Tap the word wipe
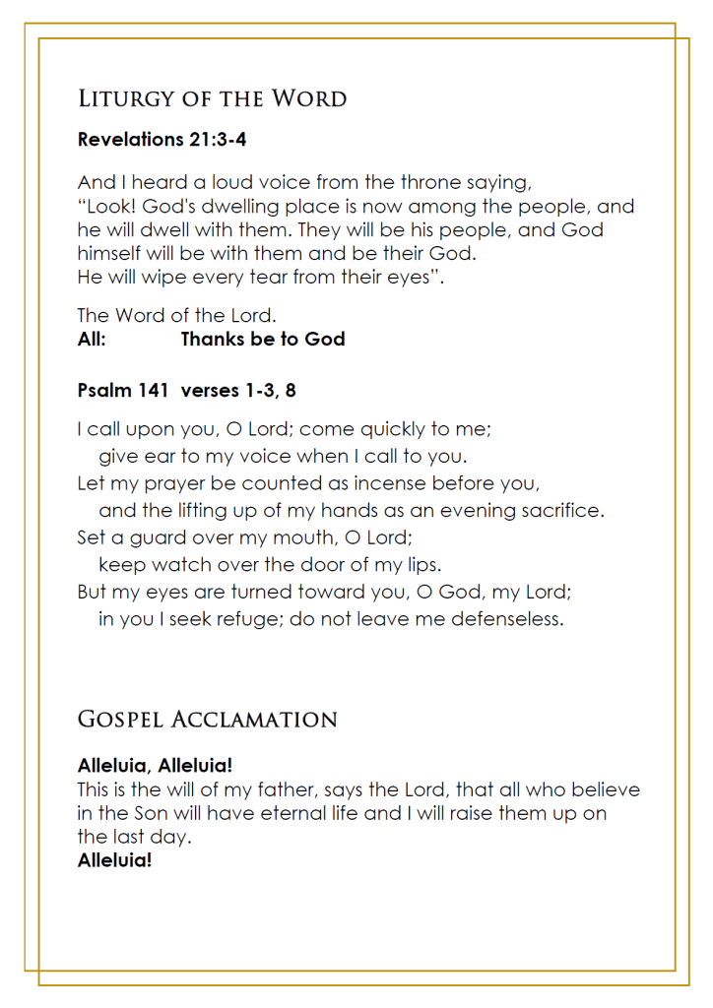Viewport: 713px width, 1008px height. [152, 278]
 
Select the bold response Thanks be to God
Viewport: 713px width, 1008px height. [262, 340]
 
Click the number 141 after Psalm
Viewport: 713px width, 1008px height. [154, 391]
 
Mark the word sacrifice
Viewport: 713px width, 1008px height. [561, 511]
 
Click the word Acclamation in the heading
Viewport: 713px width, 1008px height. [255, 720]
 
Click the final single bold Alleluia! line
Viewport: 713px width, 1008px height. [114, 860]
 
